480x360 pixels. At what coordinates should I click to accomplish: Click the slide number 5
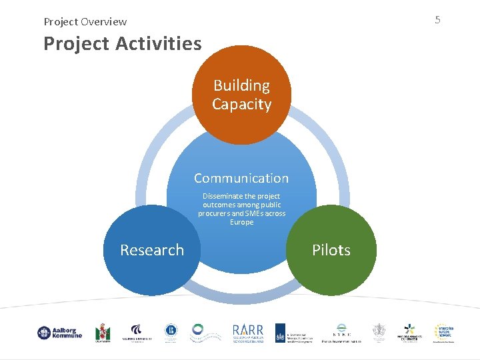[x=437, y=20]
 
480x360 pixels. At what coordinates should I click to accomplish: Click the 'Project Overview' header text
[x=85, y=22]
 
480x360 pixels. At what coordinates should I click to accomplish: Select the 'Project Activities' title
[x=122, y=44]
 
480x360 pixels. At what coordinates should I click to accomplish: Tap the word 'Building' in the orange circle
[x=241, y=85]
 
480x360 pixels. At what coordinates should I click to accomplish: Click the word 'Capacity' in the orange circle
[x=241, y=105]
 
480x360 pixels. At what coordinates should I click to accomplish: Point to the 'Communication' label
[x=241, y=178]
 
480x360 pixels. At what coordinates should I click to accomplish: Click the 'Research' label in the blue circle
[x=152, y=250]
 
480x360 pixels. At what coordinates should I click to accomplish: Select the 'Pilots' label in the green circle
[x=331, y=250]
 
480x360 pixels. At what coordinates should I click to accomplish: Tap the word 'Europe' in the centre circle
[x=241, y=222]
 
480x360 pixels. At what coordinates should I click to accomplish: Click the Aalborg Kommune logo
[x=59, y=333]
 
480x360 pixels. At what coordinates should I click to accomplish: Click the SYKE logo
[x=341, y=333]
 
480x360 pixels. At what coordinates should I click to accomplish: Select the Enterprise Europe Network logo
[x=444, y=333]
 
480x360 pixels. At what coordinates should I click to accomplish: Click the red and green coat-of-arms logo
[x=103, y=333]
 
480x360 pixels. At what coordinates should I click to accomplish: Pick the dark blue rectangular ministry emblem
[x=281, y=333]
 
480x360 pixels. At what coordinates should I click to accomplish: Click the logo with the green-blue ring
[x=198, y=331]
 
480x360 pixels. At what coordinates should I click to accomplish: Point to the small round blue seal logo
[x=171, y=331]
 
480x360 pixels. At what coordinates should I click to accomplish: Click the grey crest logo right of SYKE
[x=379, y=333]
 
